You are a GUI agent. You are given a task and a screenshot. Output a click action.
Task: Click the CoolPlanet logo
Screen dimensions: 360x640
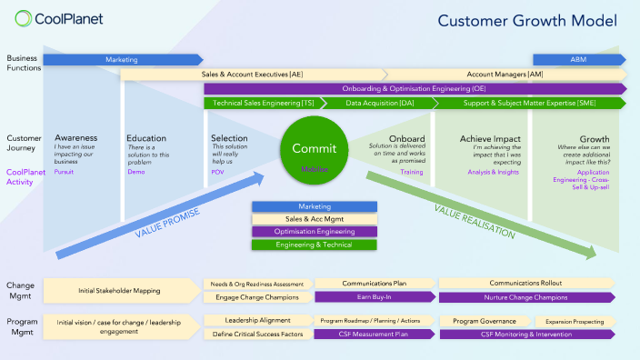point(59,18)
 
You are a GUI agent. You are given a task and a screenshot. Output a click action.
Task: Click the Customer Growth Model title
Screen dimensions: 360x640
point(528,20)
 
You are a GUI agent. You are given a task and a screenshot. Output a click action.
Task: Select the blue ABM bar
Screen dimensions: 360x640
point(578,60)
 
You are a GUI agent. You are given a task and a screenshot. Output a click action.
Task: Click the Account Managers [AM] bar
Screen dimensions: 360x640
point(505,75)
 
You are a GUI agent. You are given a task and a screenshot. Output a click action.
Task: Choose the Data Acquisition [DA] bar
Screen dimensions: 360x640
point(380,104)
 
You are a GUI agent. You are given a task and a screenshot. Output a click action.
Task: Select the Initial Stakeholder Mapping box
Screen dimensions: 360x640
point(121,290)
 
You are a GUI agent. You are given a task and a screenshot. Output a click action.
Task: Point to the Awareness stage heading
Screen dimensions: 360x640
point(76,138)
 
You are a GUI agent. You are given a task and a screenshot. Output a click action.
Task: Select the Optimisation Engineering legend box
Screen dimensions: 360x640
point(314,232)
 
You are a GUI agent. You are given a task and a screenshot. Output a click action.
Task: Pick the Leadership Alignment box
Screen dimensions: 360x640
point(257,321)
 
